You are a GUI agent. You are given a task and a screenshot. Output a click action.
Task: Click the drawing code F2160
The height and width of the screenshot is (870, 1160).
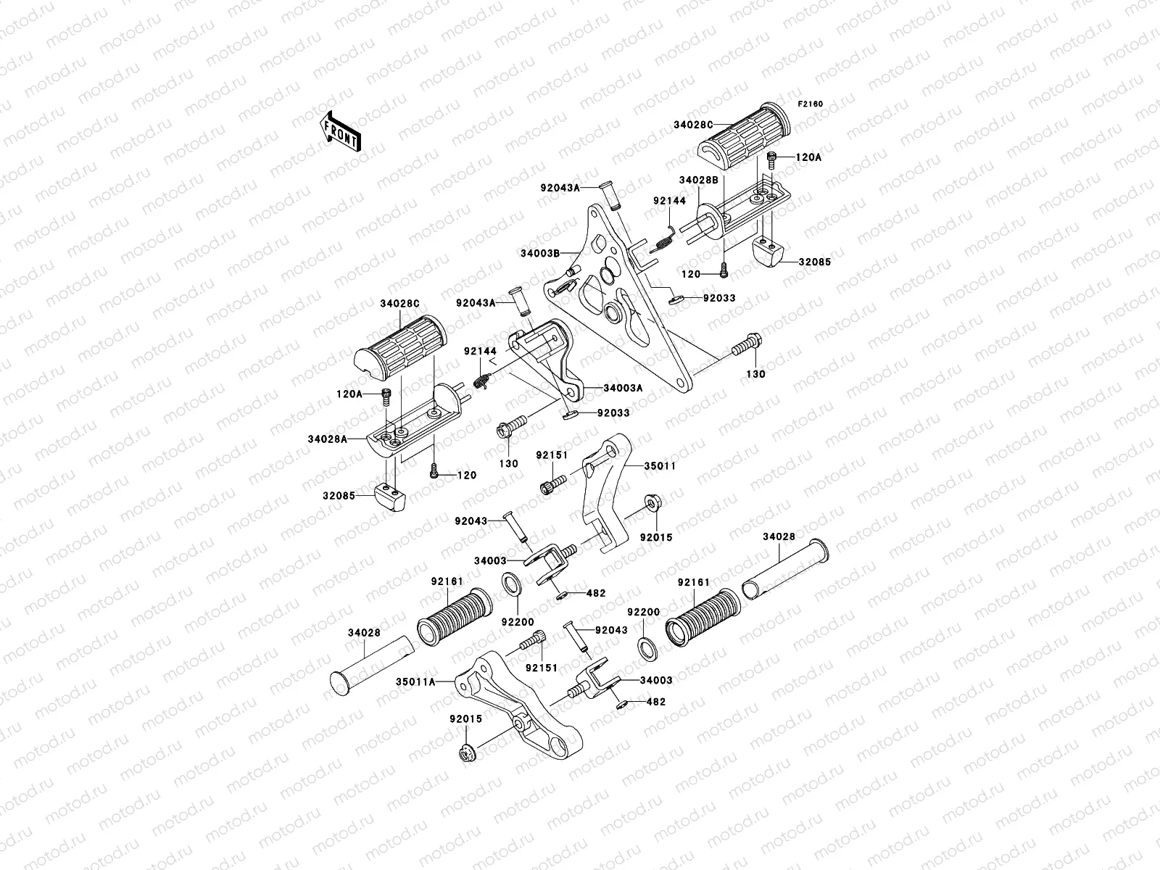811,104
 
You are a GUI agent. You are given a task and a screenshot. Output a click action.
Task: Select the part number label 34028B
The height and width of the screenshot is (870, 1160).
698,180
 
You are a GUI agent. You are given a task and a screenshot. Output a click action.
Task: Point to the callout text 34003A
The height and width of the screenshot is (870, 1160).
623,388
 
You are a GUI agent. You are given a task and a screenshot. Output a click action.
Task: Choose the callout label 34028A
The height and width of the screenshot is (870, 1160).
328,439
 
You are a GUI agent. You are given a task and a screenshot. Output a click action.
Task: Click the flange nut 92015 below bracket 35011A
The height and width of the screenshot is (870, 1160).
466,754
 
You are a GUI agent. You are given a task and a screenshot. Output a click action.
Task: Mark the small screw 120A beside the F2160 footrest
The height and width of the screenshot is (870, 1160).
773,157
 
